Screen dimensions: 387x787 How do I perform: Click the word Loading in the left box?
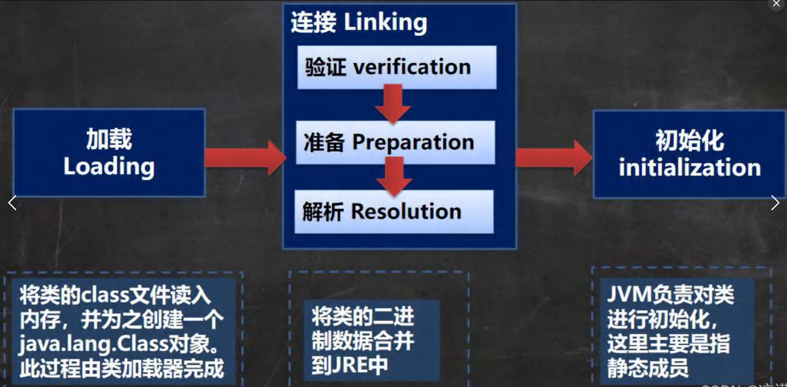(x=109, y=167)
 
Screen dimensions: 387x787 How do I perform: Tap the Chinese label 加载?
(x=109, y=139)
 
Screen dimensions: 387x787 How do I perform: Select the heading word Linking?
(x=386, y=22)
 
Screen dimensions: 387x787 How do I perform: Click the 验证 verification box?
(x=397, y=67)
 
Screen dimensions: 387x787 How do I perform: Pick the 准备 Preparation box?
(x=395, y=142)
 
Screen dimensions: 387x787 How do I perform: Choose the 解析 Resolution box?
(x=394, y=212)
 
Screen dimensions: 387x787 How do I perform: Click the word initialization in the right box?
(x=690, y=168)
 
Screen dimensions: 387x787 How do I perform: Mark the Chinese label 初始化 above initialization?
(x=690, y=141)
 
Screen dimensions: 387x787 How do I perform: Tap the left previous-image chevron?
(x=13, y=203)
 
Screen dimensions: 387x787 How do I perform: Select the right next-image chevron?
(x=775, y=203)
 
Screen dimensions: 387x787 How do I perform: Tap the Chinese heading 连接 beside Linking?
(x=313, y=22)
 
